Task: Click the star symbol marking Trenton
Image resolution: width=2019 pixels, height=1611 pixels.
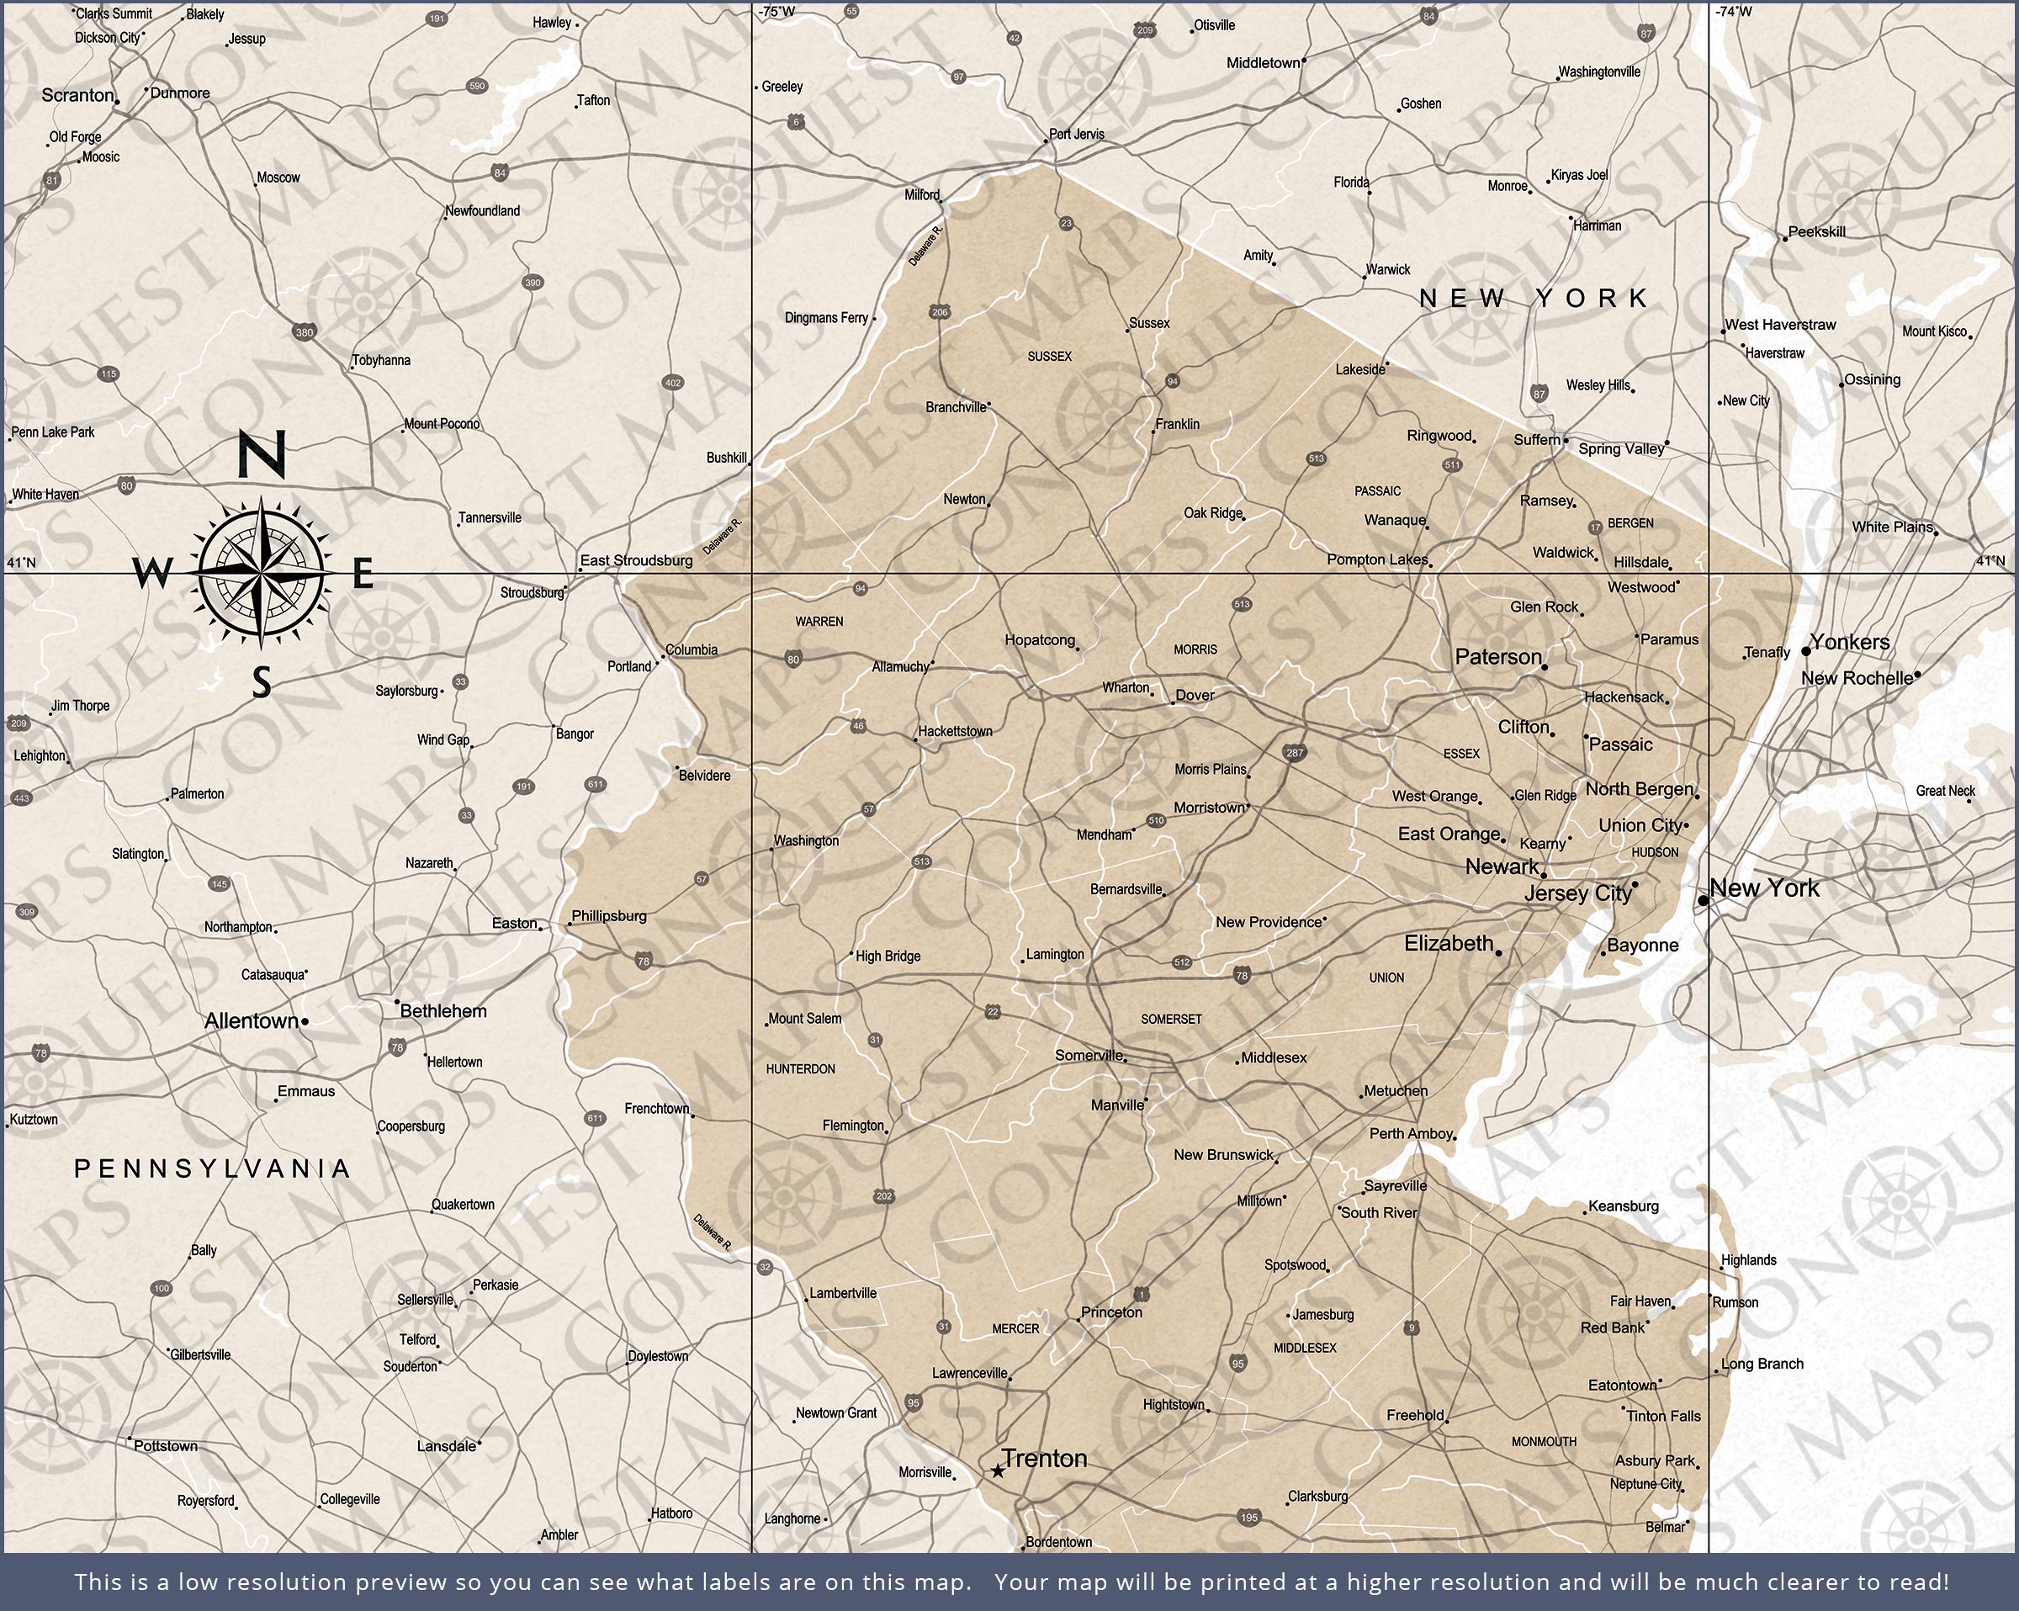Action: pos(999,1471)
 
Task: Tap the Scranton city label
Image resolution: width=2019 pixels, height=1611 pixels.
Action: pos(77,96)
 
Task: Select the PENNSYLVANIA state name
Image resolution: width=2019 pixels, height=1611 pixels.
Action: pos(213,1168)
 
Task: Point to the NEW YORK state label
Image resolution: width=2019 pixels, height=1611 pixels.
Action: pos(1533,298)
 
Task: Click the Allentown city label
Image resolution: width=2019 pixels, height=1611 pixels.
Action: pos(251,1021)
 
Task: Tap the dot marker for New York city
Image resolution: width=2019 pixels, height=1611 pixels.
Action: pos(1704,900)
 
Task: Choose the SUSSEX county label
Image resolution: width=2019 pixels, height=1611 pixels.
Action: pos(1049,357)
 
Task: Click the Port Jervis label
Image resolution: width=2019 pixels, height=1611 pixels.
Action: pos(1076,134)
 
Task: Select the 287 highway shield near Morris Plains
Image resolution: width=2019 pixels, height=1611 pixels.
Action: pos(1296,753)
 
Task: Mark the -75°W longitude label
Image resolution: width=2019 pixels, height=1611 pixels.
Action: pos(776,11)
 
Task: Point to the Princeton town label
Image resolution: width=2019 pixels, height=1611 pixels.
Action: pos(1111,1312)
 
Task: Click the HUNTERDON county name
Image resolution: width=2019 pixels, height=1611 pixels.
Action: pos(800,1068)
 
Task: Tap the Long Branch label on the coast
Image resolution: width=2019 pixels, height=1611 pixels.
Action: pos(1762,1364)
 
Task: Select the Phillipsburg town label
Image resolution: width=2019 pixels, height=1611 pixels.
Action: pos(609,916)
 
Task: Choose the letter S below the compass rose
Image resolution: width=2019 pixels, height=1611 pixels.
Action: pos(262,682)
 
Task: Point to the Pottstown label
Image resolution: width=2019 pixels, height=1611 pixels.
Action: pos(165,1446)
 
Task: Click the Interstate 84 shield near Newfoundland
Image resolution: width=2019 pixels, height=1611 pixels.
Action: pos(500,172)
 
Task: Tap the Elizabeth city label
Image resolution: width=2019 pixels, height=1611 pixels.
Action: pos(1448,943)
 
